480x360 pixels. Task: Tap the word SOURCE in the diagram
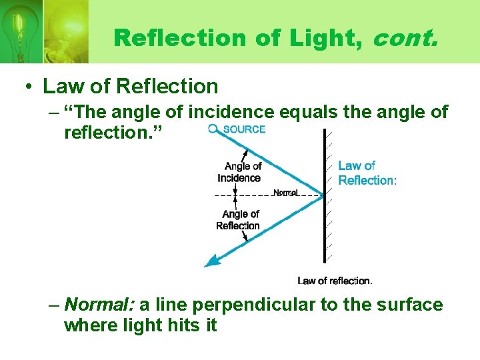tap(244, 129)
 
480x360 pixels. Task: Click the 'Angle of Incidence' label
tap(240, 172)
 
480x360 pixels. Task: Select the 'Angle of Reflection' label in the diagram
tap(239, 220)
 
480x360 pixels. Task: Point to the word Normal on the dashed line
tap(286, 193)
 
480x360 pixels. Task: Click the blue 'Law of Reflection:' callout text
tap(366, 173)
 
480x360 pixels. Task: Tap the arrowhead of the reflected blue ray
tap(210, 263)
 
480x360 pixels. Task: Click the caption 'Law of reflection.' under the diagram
tap(335, 281)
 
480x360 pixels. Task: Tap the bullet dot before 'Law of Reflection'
tap(29, 87)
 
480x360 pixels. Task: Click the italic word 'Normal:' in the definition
tap(101, 305)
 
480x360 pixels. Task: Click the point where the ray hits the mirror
tap(323, 195)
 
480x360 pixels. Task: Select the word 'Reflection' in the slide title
tap(179, 37)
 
